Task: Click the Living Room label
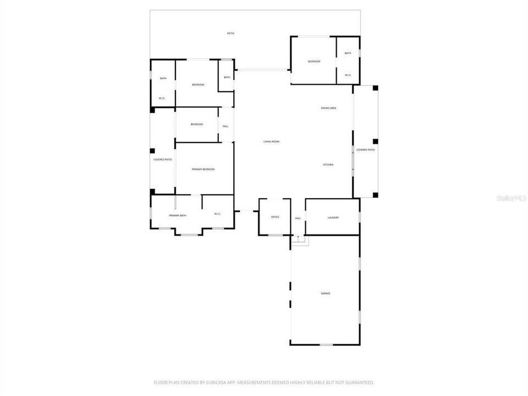click(271, 142)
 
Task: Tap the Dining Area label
click(329, 108)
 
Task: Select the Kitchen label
click(328, 164)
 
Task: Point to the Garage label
click(326, 293)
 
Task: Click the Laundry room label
click(333, 218)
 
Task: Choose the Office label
click(275, 217)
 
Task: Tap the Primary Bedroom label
click(203, 169)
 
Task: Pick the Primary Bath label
click(178, 216)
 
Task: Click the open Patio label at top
click(231, 34)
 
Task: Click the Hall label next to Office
click(298, 218)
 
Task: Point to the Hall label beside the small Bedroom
click(226, 127)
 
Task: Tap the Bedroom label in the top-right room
click(313, 62)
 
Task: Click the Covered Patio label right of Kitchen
click(366, 150)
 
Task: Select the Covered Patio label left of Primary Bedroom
click(162, 159)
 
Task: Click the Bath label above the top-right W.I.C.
click(348, 53)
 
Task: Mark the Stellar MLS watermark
click(511, 197)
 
